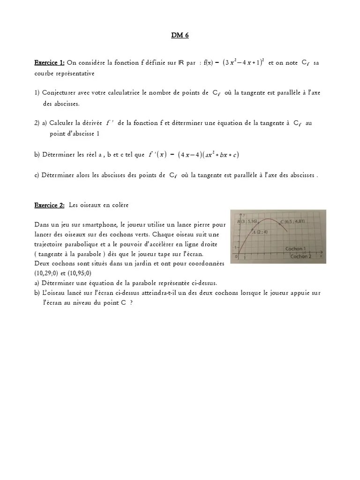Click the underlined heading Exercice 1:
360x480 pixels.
(x=49, y=63)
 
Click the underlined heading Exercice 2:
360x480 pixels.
(x=49, y=205)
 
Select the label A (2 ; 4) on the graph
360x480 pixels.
(x=261, y=231)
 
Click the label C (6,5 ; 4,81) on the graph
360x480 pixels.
(x=292, y=221)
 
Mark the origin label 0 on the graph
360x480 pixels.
(x=238, y=257)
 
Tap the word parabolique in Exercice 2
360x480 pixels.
(x=80, y=244)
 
